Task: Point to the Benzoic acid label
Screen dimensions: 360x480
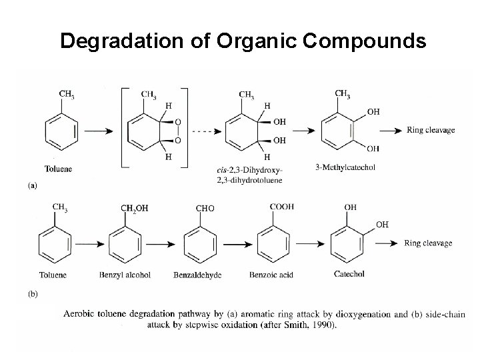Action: coord(272,274)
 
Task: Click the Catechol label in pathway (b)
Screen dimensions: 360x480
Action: coord(349,273)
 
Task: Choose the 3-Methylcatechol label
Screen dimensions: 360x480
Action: coord(345,167)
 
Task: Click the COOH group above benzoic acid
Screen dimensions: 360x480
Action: coord(281,207)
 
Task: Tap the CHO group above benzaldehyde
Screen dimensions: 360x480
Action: coord(205,209)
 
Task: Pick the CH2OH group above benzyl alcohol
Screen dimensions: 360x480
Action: coord(134,208)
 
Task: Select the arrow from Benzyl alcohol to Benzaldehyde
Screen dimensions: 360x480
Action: coord(167,243)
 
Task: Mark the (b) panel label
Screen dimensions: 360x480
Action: coord(33,292)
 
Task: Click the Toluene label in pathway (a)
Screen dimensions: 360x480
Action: coord(58,169)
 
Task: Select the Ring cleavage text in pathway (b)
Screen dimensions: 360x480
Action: coord(428,243)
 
